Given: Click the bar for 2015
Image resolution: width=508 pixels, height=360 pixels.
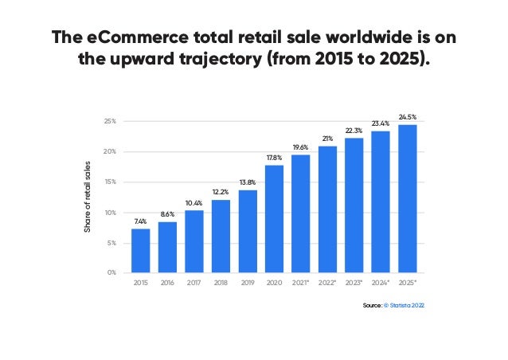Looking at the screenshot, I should [x=140, y=250].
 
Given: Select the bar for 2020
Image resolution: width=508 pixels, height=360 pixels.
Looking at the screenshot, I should [x=274, y=218].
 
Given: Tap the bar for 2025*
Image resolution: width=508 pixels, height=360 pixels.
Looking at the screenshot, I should [x=407, y=198].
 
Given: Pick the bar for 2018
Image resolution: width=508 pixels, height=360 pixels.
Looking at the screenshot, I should [x=221, y=236].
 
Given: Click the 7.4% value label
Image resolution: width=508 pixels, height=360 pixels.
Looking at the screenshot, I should [x=140, y=221].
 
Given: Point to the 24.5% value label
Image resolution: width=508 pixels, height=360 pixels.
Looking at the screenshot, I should [x=407, y=117].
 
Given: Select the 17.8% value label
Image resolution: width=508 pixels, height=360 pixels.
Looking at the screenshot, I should [x=274, y=158].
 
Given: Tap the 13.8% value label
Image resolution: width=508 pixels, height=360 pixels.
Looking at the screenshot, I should [x=247, y=182].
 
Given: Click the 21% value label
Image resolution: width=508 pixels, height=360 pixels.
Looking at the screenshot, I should [x=327, y=139].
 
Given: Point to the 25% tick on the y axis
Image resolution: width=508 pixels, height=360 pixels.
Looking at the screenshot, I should [x=110, y=121].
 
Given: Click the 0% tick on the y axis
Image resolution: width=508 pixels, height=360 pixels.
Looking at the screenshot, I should [x=111, y=272].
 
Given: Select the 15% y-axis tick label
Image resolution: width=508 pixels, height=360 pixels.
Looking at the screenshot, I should [x=110, y=182].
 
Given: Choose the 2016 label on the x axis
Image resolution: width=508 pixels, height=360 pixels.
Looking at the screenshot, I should [x=167, y=283].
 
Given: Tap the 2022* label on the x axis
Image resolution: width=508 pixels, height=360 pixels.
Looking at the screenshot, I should [x=327, y=283].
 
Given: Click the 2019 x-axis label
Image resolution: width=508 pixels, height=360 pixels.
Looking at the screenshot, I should [x=247, y=283].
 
